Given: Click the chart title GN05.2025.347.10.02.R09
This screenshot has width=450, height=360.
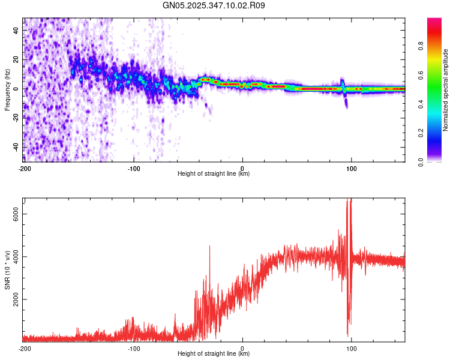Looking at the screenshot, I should pyautogui.click(x=214, y=5).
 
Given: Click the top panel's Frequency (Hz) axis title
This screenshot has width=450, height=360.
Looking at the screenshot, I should pyautogui.click(x=7, y=89).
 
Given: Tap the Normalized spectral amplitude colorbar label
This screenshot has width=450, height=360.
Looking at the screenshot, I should pyautogui.click(x=446, y=90).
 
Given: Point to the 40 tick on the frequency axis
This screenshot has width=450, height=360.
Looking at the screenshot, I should pyautogui.click(x=17, y=31).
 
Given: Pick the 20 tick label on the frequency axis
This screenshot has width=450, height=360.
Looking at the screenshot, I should pyautogui.click(x=17, y=60).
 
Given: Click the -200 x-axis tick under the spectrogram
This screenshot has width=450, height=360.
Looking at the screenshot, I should pyautogui.click(x=24, y=168).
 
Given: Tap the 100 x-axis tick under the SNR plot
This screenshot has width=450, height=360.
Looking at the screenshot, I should pyautogui.click(x=351, y=348).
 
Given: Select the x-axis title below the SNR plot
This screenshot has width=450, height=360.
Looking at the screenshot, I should pyautogui.click(x=214, y=354).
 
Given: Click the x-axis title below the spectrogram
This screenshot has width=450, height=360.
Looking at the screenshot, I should pyautogui.click(x=214, y=174).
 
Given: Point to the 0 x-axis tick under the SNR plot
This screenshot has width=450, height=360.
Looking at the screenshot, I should pyautogui.click(x=242, y=348).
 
